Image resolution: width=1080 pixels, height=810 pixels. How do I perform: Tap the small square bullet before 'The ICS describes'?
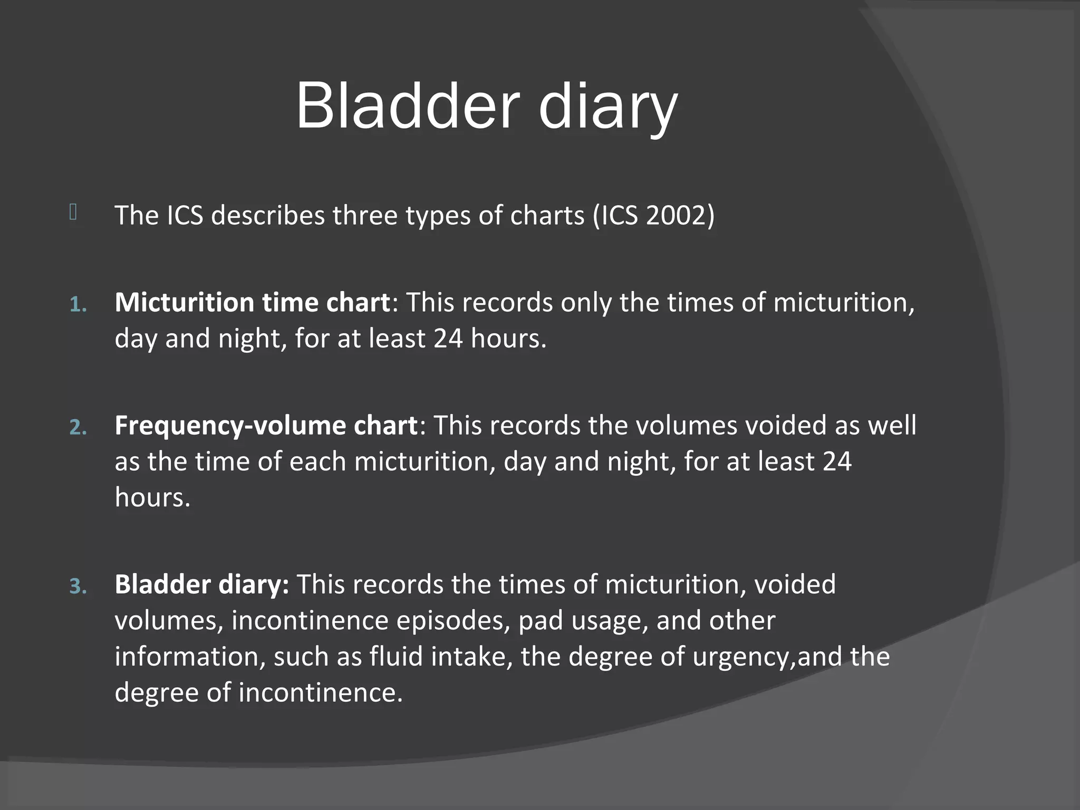73,212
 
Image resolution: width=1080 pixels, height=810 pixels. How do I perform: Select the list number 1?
78,304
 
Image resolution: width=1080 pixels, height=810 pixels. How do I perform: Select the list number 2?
78,427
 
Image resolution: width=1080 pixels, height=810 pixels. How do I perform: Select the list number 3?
78,586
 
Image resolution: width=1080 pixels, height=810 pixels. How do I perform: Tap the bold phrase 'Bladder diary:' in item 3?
201,584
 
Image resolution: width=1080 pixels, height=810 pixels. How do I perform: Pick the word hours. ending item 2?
152,497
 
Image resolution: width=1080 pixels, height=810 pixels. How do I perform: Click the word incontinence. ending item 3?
321,692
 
